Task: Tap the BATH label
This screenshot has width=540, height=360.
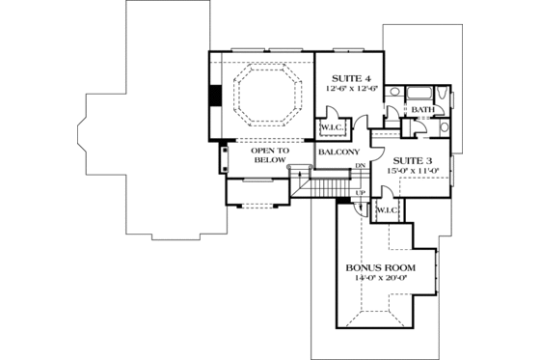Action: tap(421, 110)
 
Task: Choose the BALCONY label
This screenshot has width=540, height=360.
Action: tap(338, 152)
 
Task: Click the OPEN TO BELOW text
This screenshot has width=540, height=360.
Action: tap(271, 155)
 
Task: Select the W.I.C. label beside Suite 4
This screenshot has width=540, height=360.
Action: tap(330, 126)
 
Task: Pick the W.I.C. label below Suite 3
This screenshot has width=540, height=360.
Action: tap(388, 209)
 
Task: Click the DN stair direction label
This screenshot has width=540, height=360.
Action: tap(359, 167)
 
